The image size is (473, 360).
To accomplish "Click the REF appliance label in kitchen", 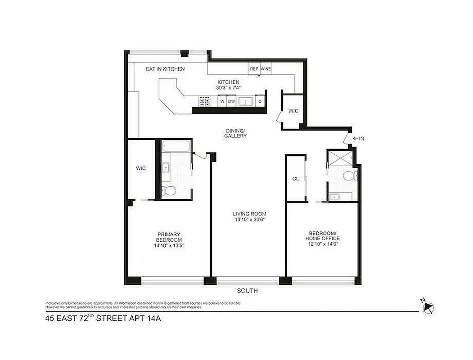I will tap(254, 69).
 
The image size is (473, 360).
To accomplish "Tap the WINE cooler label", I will tap(266, 69).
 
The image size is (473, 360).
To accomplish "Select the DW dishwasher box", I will tap(232, 102).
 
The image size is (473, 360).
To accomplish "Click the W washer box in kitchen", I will tap(222, 102).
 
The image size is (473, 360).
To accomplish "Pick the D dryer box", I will tap(260, 102).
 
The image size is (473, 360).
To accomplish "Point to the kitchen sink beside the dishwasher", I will tap(245, 102).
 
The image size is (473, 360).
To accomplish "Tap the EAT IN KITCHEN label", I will tap(165, 69).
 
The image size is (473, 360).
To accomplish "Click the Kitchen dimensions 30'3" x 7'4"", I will tap(228, 88).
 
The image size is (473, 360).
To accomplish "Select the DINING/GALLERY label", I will tap(236, 133).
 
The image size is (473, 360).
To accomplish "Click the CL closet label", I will tap(295, 179).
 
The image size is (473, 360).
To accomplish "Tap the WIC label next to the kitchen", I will tap(293, 111).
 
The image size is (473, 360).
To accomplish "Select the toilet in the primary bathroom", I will tap(169, 191).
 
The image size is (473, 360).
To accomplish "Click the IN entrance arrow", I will tap(359, 139).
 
